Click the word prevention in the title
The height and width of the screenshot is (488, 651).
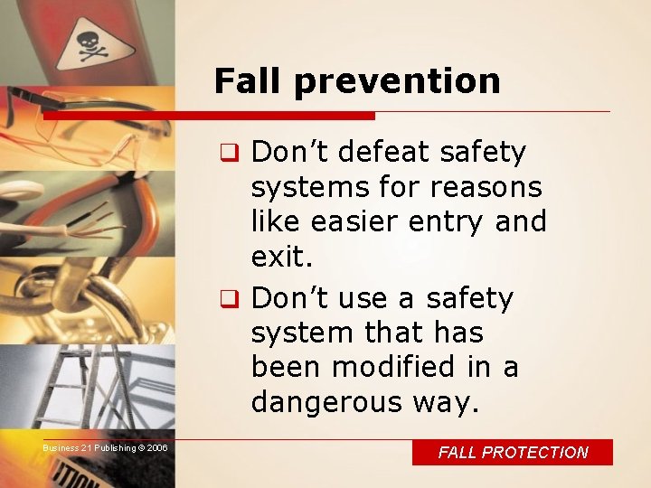pos(397,82)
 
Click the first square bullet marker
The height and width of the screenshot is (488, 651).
pos(240,153)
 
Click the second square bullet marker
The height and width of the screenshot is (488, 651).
pos(240,299)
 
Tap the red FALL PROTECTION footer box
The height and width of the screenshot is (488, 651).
pos(513,453)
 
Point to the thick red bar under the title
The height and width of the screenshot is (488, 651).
pos(209,116)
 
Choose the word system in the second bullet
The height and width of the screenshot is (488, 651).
pos(302,333)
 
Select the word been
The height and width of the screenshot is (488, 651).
pos(288,367)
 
